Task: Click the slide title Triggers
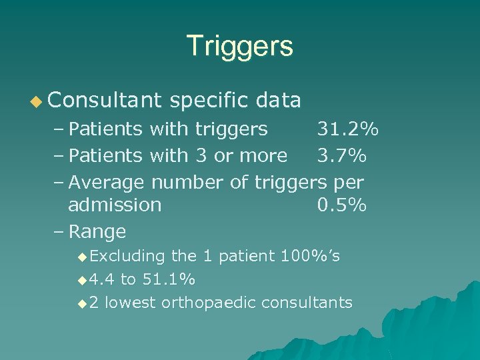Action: coord(240,46)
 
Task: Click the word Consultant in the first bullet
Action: coord(105,101)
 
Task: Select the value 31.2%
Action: coord(347,128)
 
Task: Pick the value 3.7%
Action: coord(341,155)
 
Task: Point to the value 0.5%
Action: coord(341,205)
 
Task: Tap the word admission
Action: coord(115,205)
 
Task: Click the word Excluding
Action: coord(127,256)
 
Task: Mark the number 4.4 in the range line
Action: coord(102,279)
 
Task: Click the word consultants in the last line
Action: coord(307,303)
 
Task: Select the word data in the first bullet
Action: coord(279,101)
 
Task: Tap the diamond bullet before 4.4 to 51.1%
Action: coord(82,279)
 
